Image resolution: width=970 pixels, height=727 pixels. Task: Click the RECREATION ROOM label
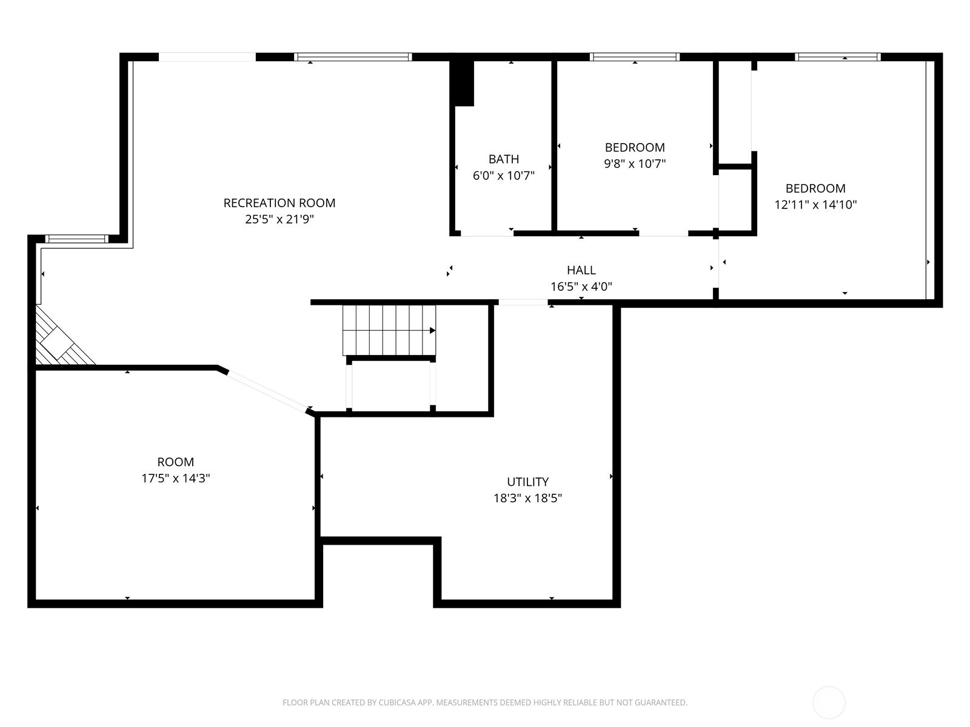pos(279,203)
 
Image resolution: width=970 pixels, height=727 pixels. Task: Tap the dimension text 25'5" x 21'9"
pos(279,219)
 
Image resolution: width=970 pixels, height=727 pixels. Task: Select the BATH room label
pos(503,159)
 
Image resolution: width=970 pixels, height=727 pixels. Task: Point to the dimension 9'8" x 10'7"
pos(635,164)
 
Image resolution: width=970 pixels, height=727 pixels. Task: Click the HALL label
pos(581,270)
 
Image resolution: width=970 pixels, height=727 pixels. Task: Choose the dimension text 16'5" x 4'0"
pos(581,287)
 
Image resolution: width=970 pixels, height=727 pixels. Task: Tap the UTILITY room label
pos(527,482)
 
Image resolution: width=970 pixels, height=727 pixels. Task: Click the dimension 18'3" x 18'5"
pos(527,498)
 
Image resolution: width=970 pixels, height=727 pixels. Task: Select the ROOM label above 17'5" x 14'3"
pos(175,462)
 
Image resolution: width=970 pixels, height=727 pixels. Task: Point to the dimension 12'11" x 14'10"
pos(815,205)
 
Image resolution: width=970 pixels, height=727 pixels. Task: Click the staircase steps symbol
pos(388,330)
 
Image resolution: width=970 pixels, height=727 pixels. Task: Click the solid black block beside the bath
pos(464,83)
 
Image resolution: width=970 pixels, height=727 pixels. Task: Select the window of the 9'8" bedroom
pos(634,57)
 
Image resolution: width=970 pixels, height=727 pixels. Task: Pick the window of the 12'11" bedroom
pos(837,57)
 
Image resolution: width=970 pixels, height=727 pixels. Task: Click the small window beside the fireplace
pos(76,239)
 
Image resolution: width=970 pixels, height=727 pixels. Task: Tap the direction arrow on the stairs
pos(432,330)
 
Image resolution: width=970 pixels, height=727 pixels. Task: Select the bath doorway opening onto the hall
pos(487,233)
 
